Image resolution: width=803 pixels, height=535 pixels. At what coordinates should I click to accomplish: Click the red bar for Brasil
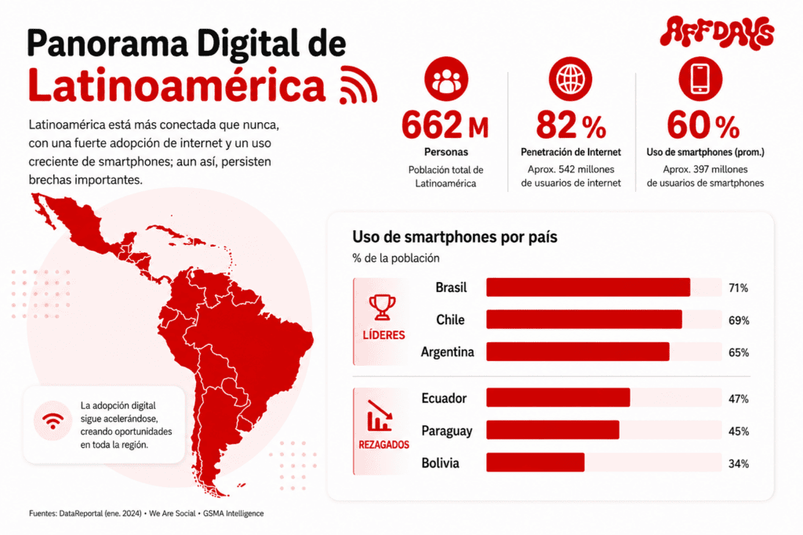point(588,287)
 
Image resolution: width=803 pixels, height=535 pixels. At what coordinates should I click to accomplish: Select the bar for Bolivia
point(535,462)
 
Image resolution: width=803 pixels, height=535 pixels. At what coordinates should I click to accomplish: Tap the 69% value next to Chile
point(739,320)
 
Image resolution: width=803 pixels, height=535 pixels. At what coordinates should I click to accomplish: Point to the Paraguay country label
point(446,431)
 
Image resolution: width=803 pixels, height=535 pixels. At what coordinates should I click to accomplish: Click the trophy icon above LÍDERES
point(382,307)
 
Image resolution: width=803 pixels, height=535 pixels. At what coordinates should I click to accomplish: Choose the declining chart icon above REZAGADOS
point(380,416)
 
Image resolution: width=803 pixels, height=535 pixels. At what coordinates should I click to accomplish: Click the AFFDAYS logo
point(717,32)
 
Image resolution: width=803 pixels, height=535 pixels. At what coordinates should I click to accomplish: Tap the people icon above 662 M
point(446,79)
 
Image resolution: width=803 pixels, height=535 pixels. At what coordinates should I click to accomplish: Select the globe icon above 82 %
point(571,79)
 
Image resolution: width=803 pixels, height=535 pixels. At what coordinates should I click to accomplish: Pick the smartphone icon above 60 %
point(700,79)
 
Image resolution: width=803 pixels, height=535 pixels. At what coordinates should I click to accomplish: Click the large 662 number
point(432,125)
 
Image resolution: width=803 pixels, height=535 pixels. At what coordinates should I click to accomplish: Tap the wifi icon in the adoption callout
point(53,421)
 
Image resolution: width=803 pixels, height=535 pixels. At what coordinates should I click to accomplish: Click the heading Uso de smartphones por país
point(455,237)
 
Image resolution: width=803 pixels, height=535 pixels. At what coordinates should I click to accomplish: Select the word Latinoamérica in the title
point(176,85)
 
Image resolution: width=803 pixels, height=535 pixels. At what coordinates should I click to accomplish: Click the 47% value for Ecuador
point(739,399)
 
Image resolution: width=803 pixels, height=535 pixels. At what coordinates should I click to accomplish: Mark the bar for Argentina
point(578,352)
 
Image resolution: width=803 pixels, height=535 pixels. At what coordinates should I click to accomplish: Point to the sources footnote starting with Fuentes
point(147,513)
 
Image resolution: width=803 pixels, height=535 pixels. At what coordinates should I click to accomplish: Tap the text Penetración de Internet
point(571,152)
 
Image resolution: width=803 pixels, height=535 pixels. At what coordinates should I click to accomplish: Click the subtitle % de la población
point(396,258)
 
